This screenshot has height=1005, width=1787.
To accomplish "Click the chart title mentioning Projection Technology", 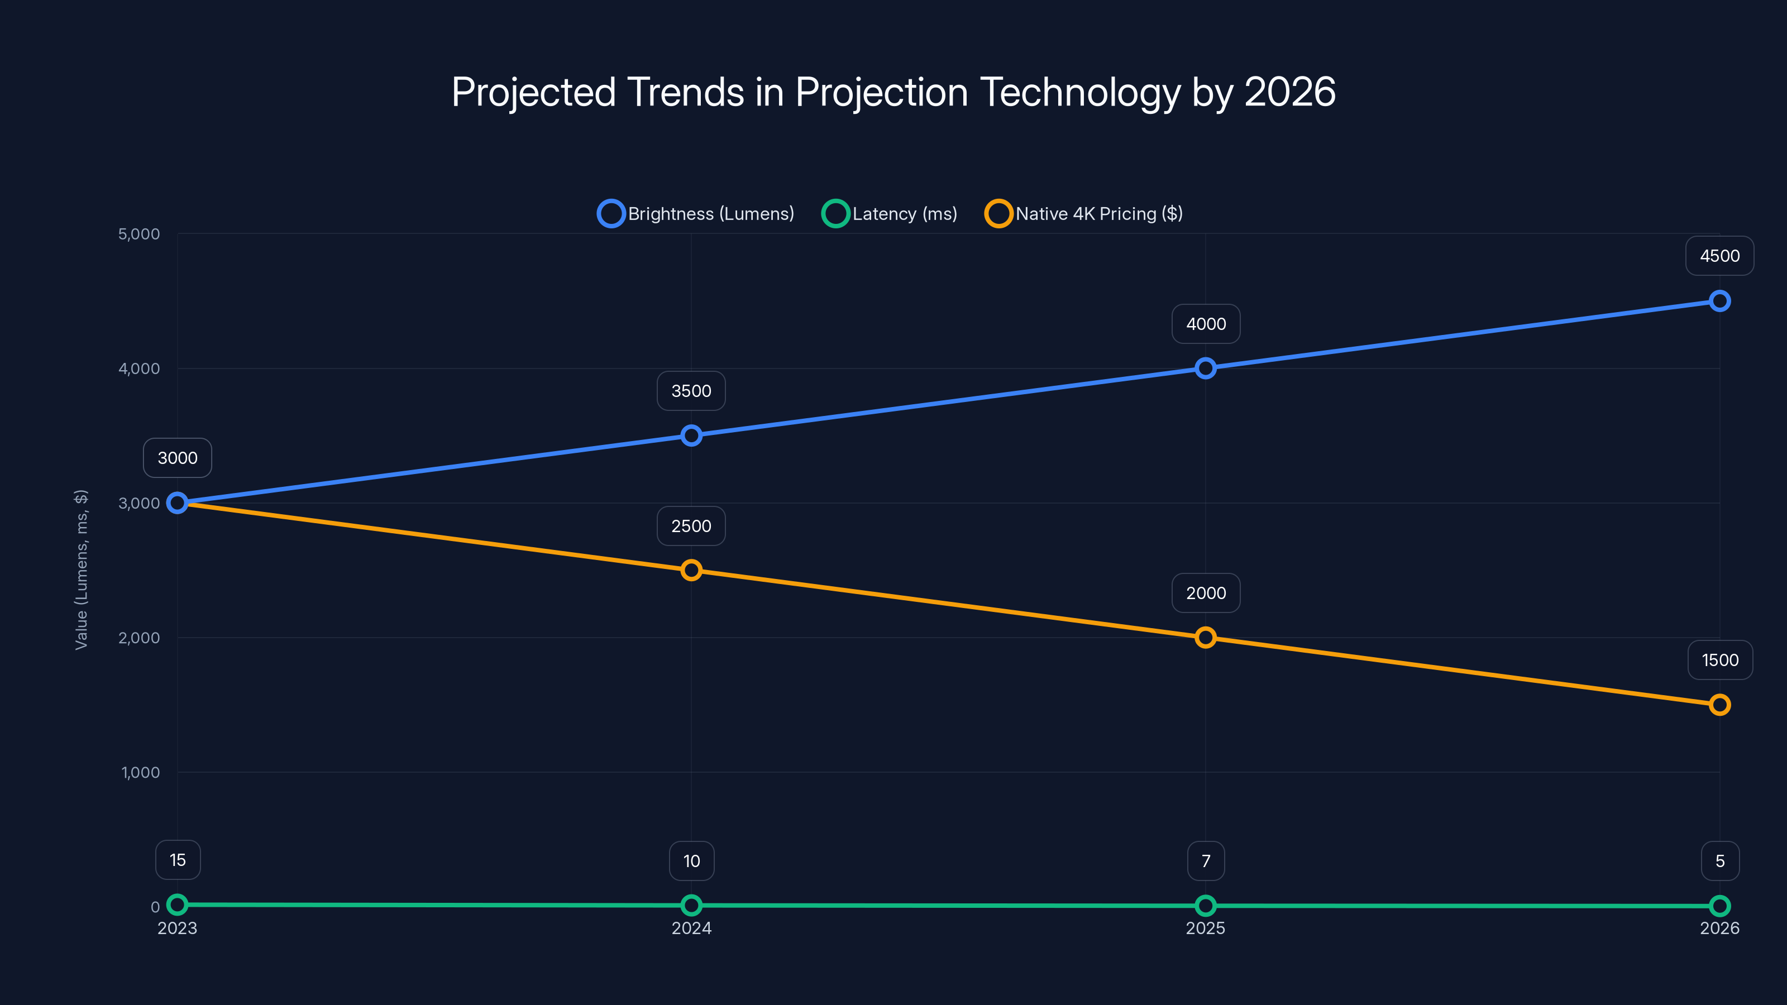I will [x=893, y=92].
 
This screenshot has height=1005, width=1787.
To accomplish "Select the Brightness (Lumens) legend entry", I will [x=696, y=214].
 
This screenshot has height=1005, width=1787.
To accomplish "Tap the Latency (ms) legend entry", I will [x=890, y=214].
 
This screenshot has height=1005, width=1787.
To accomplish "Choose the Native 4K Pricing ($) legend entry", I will [x=1084, y=214].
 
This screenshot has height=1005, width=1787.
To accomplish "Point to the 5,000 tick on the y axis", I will [x=138, y=234].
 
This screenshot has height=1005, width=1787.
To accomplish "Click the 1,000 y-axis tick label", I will [x=140, y=773].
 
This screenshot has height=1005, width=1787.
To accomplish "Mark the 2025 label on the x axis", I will [x=1205, y=928].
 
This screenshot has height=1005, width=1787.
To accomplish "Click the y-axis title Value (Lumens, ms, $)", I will [x=81, y=569].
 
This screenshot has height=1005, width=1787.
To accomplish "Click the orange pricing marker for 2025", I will [x=1205, y=638].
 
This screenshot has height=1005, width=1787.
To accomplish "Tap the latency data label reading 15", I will [x=178, y=860].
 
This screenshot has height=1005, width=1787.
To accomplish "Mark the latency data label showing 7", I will [x=1206, y=861].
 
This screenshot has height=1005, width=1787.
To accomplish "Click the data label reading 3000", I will [x=178, y=458].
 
